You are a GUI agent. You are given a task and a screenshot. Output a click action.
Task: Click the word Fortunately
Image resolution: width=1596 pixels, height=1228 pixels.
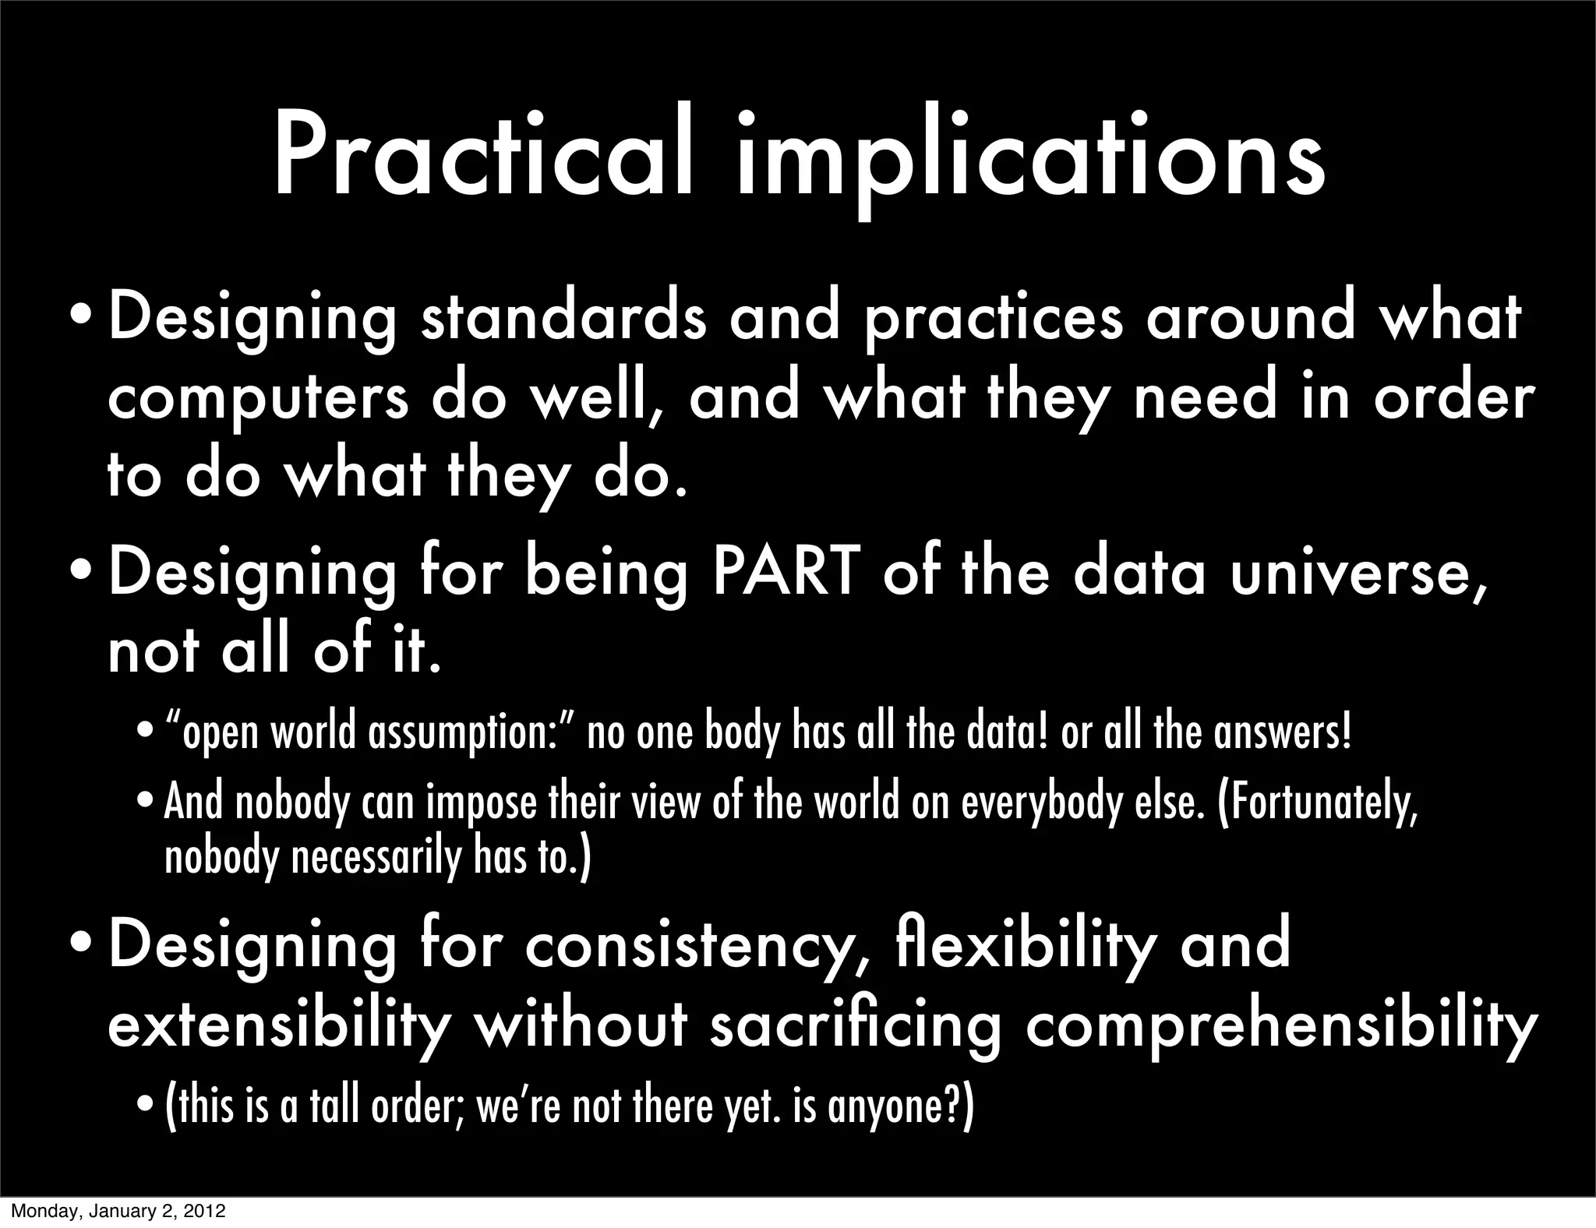point(1317,804)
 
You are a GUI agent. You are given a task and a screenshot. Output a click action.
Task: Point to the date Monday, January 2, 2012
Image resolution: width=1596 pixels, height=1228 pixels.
point(118,1212)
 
